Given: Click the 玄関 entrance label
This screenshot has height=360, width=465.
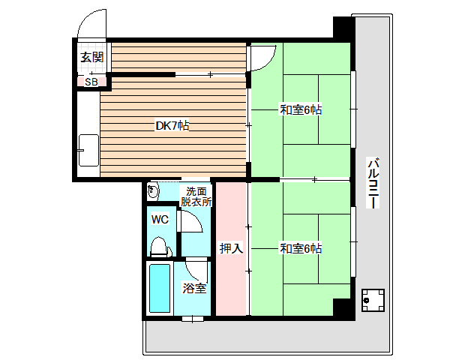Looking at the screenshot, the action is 92,57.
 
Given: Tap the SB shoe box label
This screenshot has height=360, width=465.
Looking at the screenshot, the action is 91,82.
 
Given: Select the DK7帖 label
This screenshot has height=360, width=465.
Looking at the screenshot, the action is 172,126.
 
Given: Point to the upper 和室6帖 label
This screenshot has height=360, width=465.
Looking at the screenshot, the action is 301,110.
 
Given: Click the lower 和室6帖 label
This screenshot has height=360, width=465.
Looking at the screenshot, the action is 301,248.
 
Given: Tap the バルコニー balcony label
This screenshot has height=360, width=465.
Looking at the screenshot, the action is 373,183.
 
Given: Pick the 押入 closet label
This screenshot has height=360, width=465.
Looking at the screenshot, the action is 231,248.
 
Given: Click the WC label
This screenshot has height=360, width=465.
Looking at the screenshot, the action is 160,220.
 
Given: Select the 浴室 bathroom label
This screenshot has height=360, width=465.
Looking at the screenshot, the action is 194,288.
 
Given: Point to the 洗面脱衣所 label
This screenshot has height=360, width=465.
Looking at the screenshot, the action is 196,196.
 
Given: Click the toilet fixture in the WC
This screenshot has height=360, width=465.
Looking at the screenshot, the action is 160,247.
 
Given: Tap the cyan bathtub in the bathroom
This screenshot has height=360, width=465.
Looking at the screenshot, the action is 160,288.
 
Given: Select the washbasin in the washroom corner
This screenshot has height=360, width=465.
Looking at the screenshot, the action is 153,191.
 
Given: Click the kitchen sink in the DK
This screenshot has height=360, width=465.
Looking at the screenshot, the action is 88,150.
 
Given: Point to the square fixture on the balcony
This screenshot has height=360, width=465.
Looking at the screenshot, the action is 373,300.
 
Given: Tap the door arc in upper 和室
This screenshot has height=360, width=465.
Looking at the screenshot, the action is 268,64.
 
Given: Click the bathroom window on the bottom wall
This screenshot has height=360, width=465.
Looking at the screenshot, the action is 193,319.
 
